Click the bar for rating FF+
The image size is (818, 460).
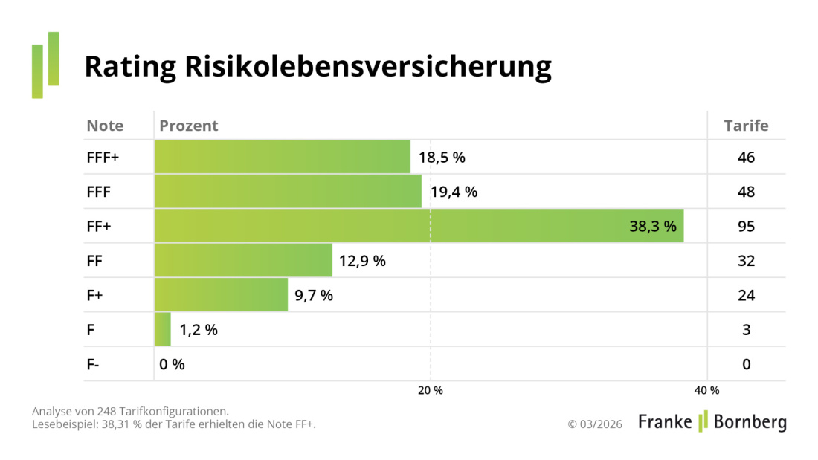(x=419, y=226)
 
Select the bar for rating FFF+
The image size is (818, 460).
(x=283, y=157)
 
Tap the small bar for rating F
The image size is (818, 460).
(x=162, y=329)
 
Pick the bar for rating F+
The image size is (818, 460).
(x=221, y=295)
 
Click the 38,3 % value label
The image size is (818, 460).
(x=652, y=227)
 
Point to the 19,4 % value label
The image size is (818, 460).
(x=454, y=192)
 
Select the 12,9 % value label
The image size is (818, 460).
(x=362, y=261)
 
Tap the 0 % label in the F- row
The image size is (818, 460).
(x=172, y=364)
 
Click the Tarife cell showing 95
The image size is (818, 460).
(x=746, y=227)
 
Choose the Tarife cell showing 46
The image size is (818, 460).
(x=746, y=158)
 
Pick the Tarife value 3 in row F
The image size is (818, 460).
(x=746, y=330)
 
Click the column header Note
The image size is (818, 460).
(x=105, y=126)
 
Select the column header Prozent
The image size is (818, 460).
(x=189, y=126)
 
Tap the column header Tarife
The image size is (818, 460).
(x=746, y=126)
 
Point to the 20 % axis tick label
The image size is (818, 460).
(x=430, y=391)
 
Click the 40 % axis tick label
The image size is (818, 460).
(x=706, y=391)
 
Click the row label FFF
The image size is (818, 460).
(x=99, y=192)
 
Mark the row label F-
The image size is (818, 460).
(x=93, y=364)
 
